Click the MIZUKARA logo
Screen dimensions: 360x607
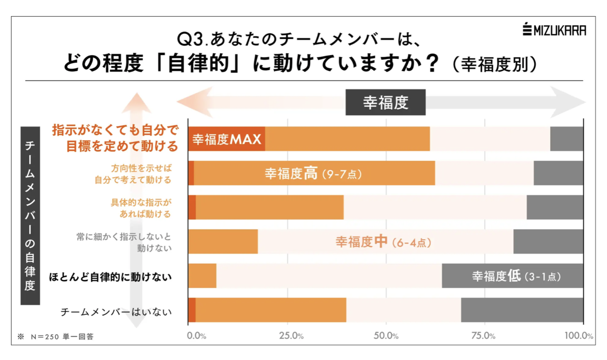tap(554, 30)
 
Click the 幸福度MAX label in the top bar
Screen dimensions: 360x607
tap(227, 139)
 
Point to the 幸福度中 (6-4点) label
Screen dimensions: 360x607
tap(383, 242)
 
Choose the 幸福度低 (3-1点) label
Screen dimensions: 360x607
tap(516, 277)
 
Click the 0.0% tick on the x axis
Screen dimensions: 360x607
tap(196, 336)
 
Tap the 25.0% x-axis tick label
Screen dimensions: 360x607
tap(288, 336)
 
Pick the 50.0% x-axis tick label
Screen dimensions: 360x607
tap(386, 336)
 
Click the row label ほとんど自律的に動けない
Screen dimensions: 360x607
tap(110, 277)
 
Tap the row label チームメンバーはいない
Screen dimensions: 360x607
tap(116, 312)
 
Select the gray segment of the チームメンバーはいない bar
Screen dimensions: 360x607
tap(522, 310)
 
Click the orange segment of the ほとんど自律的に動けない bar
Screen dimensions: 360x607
tap(202, 276)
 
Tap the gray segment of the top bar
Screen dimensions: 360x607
tap(567, 139)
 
